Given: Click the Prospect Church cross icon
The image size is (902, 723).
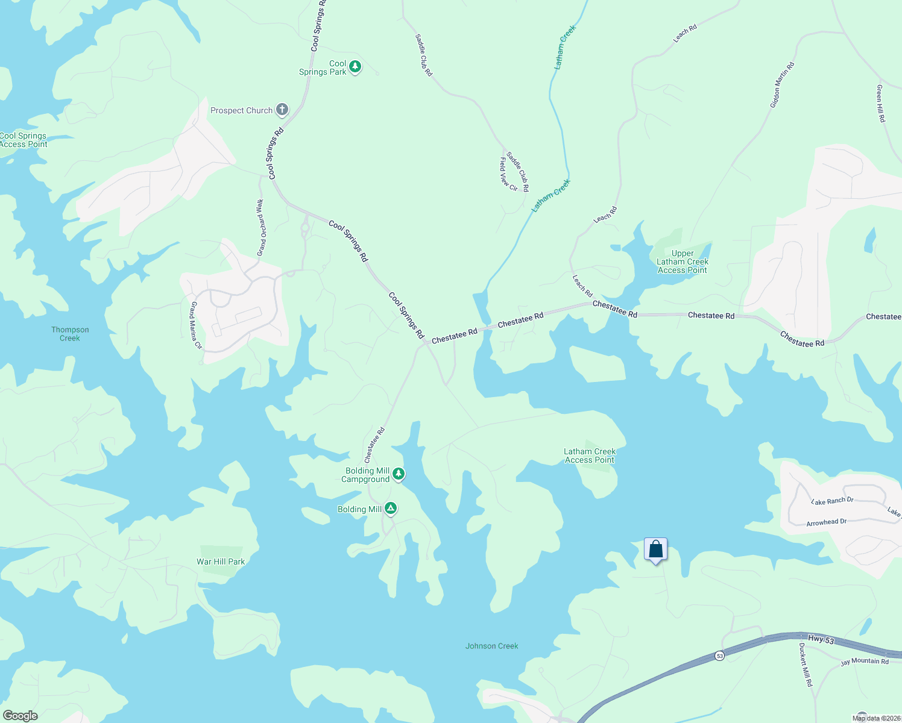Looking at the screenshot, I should click(282, 110).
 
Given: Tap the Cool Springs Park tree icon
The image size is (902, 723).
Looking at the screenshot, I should click(355, 67).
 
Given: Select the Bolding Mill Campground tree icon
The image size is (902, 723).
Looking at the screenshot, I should click(398, 475).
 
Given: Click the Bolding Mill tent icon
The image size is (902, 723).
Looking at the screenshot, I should click(391, 509).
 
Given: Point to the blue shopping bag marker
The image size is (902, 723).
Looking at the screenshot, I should click(655, 549).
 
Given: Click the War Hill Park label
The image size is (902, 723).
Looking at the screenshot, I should click(221, 562).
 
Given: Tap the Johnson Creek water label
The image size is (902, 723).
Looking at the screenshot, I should click(491, 646).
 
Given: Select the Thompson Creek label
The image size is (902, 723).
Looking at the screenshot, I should click(70, 334).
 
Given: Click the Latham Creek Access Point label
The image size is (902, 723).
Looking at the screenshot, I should click(589, 455).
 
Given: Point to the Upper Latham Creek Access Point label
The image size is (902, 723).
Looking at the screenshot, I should click(683, 262).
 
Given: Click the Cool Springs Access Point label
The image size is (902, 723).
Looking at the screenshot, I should click(24, 140).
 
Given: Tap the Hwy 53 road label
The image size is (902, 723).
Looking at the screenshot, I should click(821, 640).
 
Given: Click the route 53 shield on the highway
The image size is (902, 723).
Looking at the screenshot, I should click(720, 656).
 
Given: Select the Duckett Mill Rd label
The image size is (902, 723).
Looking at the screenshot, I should click(806, 665).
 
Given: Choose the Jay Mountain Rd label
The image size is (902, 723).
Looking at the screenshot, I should click(865, 662).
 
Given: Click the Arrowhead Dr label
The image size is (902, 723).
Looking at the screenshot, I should click(826, 522).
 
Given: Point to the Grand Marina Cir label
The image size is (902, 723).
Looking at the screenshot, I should click(195, 326).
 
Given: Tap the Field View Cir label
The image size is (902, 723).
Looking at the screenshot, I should click(508, 174).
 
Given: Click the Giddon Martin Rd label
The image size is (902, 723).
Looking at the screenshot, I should click(782, 85).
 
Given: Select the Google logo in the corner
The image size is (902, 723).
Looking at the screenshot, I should click(20, 716).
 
